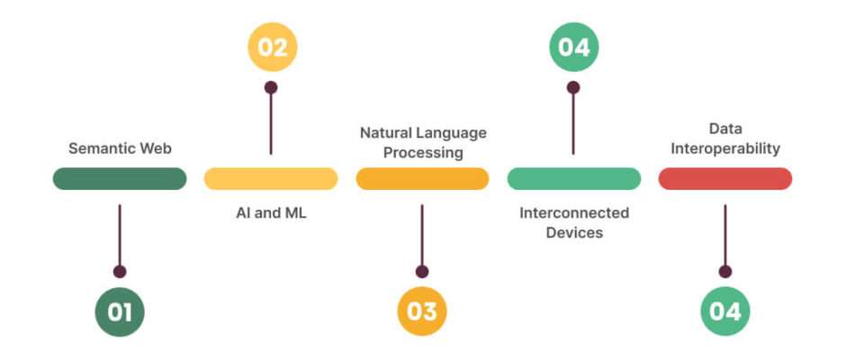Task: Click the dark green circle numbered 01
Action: pyautogui.click(x=120, y=312)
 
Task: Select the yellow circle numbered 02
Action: pyautogui.click(x=273, y=47)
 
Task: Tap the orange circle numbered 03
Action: pyautogui.click(x=422, y=312)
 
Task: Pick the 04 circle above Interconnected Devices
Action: pyautogui.click(x=574, y=47)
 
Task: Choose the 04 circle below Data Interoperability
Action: pyautogui.click(x=725, y=312)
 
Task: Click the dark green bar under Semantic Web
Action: pyautogui.click(x=120, y=179)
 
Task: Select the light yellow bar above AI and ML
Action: pyautogui.click(x=271, y=179)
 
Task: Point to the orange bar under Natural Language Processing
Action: pyautogui.click(x=422, y=179)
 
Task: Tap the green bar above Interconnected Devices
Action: pyautogui.click(x=574, y=179)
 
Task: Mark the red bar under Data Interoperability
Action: pyautogui.click(x=725, y=179)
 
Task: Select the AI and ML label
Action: pyautogui.click(x=271, y=212)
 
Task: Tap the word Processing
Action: pyautogui.click(x=423, y=153)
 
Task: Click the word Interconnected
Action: pyautogui.click(x=574, y=212)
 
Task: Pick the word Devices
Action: pyautogui.click(x=574, y=232)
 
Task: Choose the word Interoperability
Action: pyautogui.click(x=725, y=148)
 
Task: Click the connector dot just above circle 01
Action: pyautogui.click(x=120, y=272)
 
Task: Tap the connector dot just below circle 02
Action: pyautogui.click(x=271, y=87)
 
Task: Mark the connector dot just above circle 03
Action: pyautogui.click(x=422, y=272)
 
